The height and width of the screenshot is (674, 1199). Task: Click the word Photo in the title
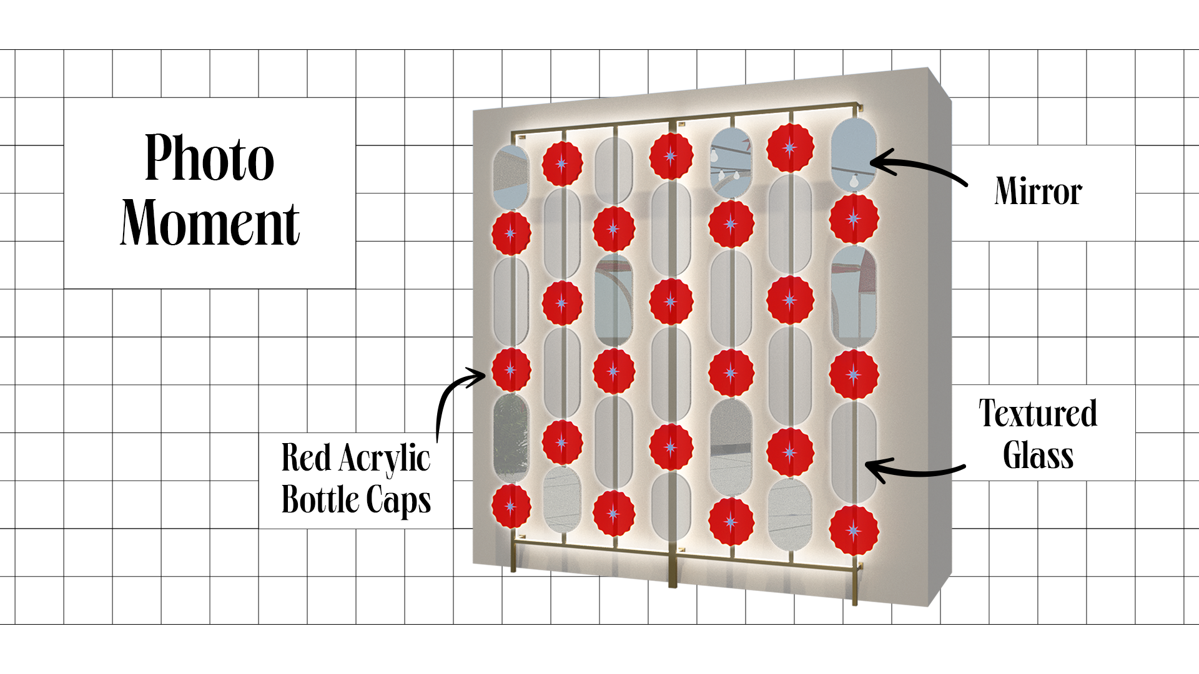[x=209, y=158]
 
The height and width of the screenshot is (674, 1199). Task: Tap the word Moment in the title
[x=210, y=223]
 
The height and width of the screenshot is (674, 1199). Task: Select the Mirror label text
[x=1038, y=191]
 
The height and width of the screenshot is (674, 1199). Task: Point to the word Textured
[x=1038, y=413]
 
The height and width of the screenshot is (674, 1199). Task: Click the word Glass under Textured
[x=1038, y=456]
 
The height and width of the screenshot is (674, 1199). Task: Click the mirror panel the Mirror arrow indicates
[x=854, y=153]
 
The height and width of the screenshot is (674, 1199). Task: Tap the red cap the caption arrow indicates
[x=511, y=370]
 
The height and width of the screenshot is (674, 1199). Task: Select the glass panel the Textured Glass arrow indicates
[x=853, y=452]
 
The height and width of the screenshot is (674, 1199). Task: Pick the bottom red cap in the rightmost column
[x=854, y=530]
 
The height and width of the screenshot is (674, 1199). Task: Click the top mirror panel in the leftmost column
[x=511, y=177]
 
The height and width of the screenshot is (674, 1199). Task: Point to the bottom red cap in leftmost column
[x=511, y=506]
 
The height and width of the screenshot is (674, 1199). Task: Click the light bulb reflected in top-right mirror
[x=853, y=180]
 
